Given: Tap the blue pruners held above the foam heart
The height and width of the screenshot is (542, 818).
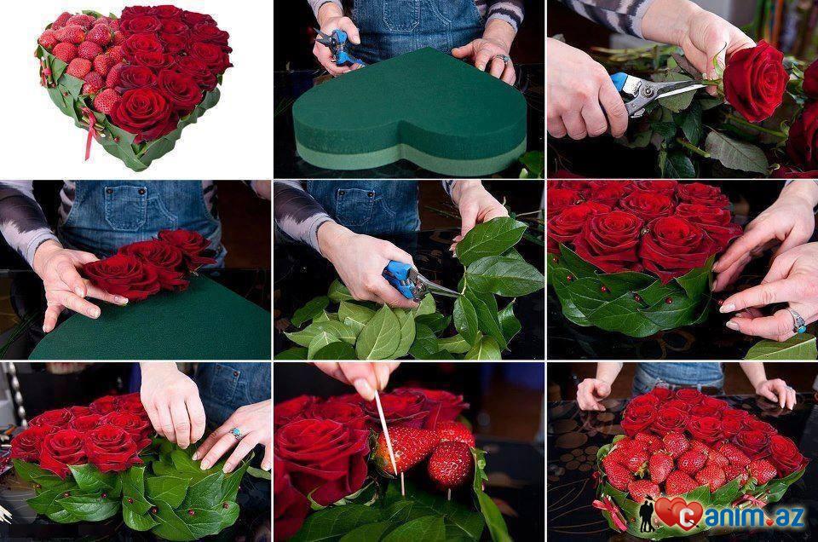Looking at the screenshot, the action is (x=338, y=48).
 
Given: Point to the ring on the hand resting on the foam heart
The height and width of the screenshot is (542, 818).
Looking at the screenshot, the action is (x=501, y=59).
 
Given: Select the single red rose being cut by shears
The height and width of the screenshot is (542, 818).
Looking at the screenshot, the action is (x=754, y=81).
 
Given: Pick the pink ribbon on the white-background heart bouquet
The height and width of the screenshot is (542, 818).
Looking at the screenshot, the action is (x=89, y=130).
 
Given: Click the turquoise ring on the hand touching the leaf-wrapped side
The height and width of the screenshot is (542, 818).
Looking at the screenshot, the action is (x=798, y=320).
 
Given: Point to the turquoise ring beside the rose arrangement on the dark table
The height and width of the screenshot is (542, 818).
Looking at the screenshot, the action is (x=236, y=433).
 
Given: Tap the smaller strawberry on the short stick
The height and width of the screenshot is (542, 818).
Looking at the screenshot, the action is (x=450, y=464).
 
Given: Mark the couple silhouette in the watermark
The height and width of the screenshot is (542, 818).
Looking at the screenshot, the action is (x=647, y=516).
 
